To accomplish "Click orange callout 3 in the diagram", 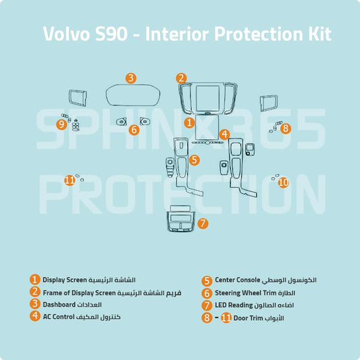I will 131,78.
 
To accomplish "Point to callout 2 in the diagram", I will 181,78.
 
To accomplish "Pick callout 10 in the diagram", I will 283,182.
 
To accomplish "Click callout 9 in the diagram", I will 61,124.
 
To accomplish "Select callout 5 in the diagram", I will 194,160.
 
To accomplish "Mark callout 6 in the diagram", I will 134,129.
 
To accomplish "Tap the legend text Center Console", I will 238,280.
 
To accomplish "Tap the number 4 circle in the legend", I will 34,316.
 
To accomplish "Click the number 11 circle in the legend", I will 226,317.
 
